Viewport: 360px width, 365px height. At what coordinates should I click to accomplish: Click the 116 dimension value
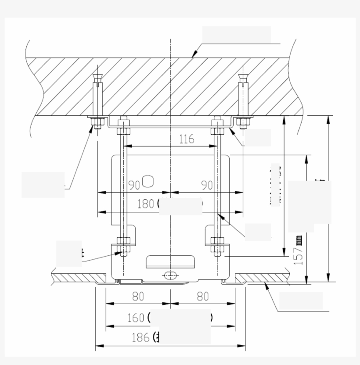click(187, 140)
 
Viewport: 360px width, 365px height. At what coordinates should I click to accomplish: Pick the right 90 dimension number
click(207, 185)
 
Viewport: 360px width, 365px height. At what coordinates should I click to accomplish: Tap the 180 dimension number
click(145, 204)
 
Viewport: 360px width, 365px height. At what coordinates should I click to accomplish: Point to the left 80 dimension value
click(138, 297)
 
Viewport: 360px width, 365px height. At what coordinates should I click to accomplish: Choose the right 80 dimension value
click(202, 297)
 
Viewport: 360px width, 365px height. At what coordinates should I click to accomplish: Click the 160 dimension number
click(136, 318)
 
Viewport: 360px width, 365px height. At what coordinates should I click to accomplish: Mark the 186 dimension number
click(140, 337)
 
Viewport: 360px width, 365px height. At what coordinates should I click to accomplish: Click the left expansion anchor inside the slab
click(97, 95)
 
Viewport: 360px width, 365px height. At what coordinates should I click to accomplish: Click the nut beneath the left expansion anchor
click(97, 122)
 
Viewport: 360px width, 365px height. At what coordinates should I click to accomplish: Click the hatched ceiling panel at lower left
click(79, 278)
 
